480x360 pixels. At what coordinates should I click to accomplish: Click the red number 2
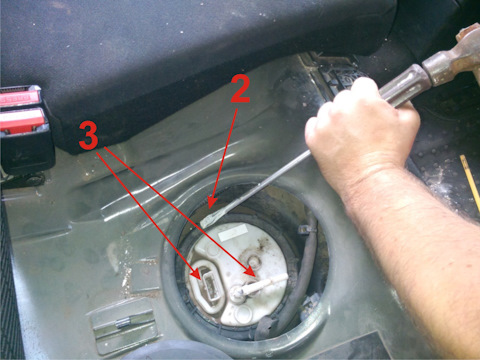(x=240, y=88)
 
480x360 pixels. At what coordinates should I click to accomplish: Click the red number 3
(x=89, y=135)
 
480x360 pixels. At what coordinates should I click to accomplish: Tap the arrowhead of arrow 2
(x=211, y=201)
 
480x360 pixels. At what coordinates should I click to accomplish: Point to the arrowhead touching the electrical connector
(x=196, y=274)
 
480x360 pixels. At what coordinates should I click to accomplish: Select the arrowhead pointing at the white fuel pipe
(x=251, y=271)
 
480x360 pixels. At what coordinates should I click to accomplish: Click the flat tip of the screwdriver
(x=207, y=222)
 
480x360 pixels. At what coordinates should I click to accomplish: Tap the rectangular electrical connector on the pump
(x=210, y=285)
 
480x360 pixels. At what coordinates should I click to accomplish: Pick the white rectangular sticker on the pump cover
(x=233, y=232)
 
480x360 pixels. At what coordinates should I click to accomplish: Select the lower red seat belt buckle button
(x=22, y=121)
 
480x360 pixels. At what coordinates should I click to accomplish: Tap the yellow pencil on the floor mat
(x=470, y=183)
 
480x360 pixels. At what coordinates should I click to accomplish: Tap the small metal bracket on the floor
(x=124, y=323)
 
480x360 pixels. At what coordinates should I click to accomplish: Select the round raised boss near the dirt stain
(x=253, y=261)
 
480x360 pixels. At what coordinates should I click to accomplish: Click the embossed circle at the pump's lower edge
(x=243, y=313)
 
